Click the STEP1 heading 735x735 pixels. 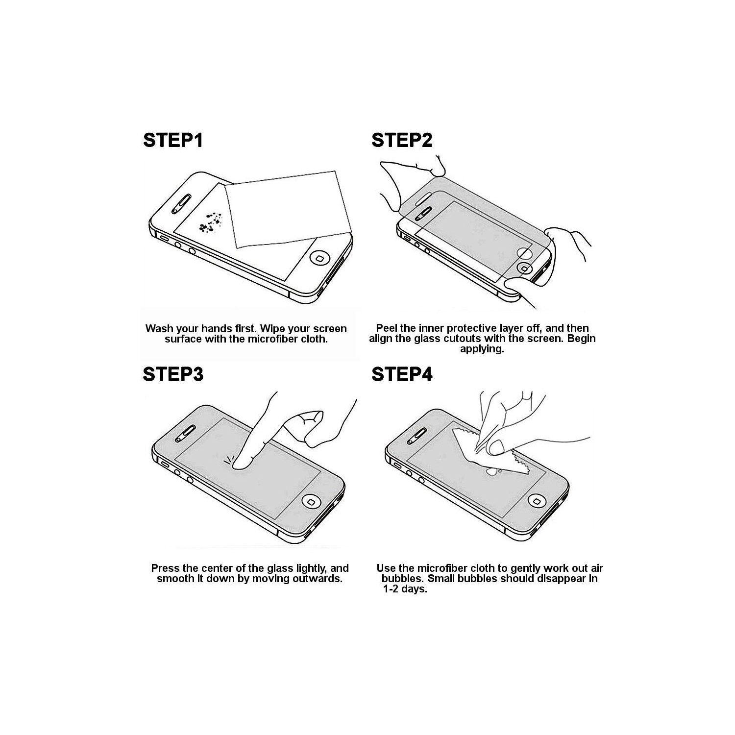[x=172, y=140]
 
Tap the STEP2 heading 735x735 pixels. [x=402, y=140]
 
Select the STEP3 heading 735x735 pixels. [x=172, y=374]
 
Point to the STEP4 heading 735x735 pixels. [x=402, y=374]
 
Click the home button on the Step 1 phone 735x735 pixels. [x=320, y=259]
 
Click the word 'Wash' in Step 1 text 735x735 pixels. [x=159, y=329]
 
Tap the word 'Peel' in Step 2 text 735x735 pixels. [x=386, y=328]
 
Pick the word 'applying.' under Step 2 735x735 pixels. [x=482, y=349]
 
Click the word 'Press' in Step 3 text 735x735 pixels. [x=165, y=568]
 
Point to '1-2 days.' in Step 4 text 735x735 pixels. [x=405, y=589]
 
